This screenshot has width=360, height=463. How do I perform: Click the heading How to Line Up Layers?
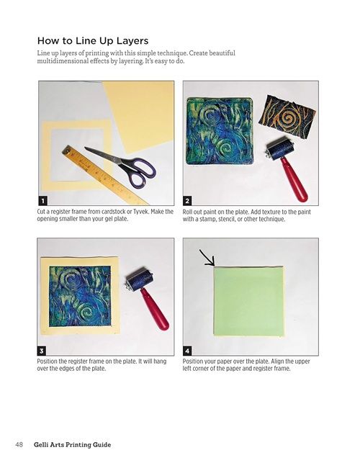coord(93,40)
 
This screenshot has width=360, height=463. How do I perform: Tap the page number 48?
coord(19,444)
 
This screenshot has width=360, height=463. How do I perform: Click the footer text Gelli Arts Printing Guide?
coord(72,444)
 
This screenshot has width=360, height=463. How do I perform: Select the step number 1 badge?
coord(42,201)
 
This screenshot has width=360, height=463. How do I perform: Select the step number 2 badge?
coord(187,201)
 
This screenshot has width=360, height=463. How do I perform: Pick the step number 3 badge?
coord(42,351)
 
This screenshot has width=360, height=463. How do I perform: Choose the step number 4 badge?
coord(187,351)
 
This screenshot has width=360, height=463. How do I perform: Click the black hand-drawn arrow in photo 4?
coord(207,258)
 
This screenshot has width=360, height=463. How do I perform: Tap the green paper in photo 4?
coord(248,301)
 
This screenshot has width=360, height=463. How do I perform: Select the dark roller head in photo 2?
coord(280,148)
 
